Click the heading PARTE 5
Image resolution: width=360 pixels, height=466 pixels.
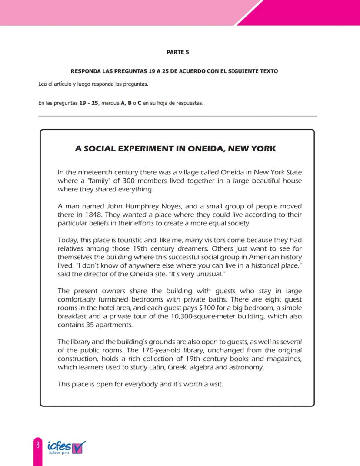[177, 52]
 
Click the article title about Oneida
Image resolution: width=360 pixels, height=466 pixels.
[175, 148]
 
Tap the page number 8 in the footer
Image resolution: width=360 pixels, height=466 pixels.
[38, 445]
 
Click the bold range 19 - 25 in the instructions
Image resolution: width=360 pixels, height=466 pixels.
[88, 104]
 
